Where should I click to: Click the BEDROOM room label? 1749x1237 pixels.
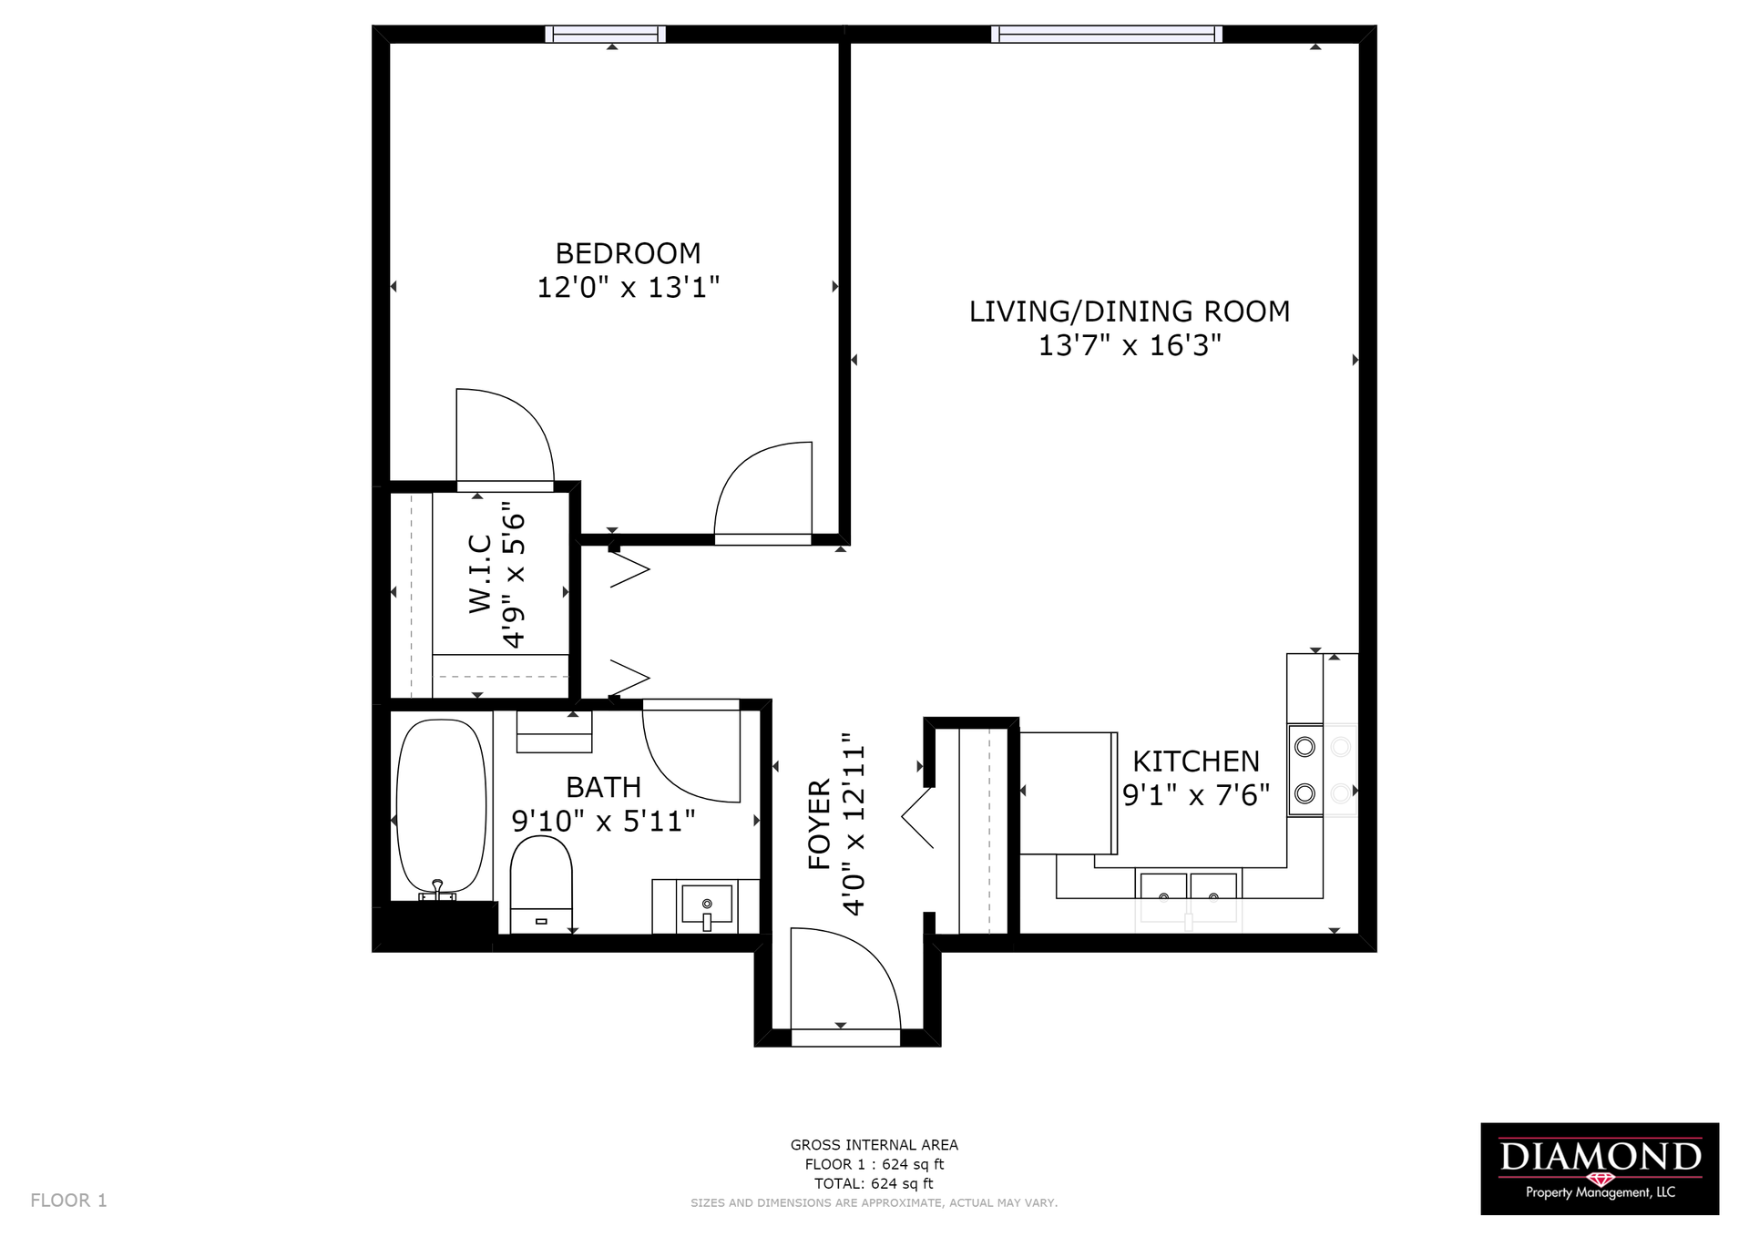pyautogui.click(x=628, y=253)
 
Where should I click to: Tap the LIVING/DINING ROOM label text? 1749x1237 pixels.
pyautogui.click(x=1130, y=312)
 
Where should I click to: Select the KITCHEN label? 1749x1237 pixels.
pyautogui.click(x=1196, y=761)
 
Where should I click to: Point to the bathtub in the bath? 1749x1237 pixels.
pyautogui.click(x=442, y=805)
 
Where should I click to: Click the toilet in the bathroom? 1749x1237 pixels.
pyautogui.click(x=541, y=884)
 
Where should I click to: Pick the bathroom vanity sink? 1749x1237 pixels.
pyautogui.click(x=707, y=906)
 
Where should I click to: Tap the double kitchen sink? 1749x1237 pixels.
pyautogui.click(x=1189, y=886)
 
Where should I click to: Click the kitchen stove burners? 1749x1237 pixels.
pyautogui.click(x=1305, y=770)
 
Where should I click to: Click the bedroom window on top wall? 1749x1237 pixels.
pyautogui.click(x=605, y=35)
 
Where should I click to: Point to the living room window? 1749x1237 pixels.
pyautogui.click(x=1107, y=35)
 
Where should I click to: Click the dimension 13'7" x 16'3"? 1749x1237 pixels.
pyautogui.click(x=1130, y=346)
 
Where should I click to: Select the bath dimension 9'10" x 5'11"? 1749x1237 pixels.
pyautogui.click(x=603, y=822)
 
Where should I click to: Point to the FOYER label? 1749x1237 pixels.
pyautogui.click(x=820, y=823)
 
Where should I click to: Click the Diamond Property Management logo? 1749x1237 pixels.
pyautogui.click(x=1600, y=1169)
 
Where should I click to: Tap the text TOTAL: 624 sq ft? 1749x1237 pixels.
pyautogui.click(x=874, y=1183)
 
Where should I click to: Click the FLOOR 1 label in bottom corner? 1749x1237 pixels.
pyautogui.click(x=68, y=1201)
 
